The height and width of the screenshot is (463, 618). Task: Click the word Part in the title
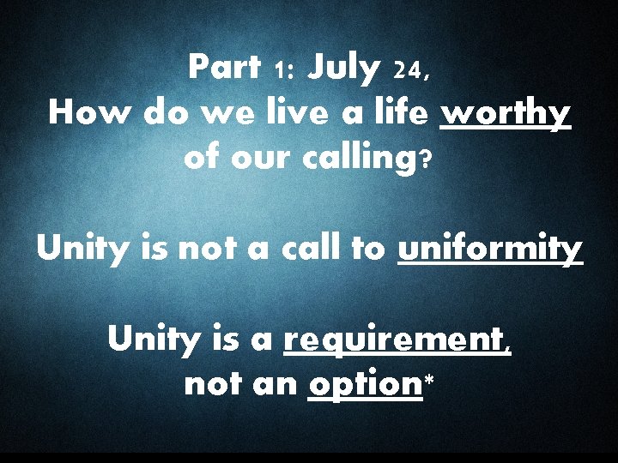[x=225, y=66]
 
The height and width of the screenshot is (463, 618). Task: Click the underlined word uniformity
[x=490, y=250]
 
